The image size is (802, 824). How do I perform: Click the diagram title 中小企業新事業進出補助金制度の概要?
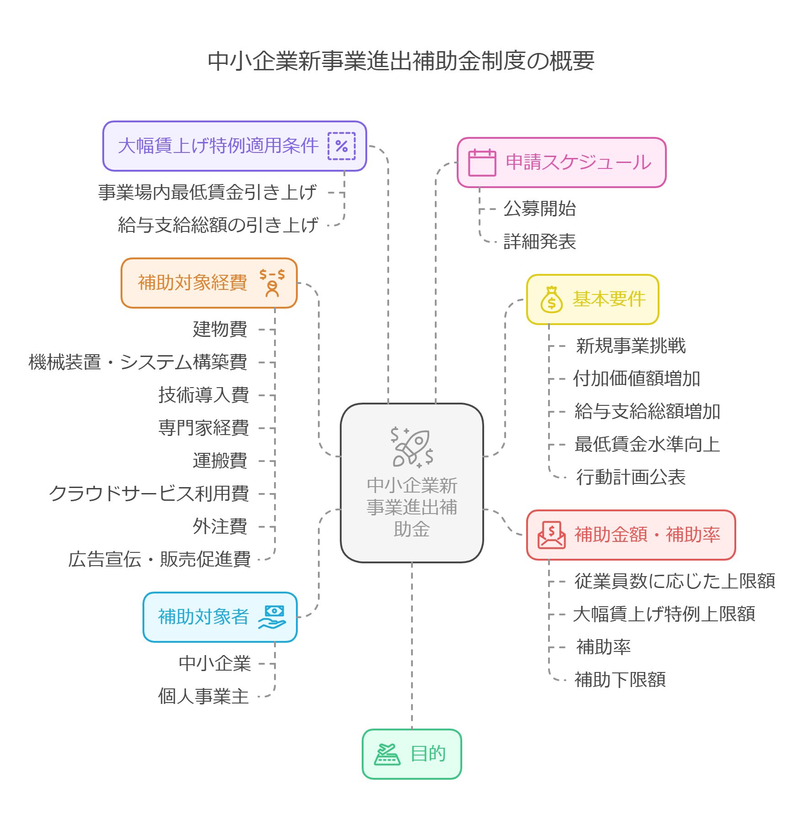pos(401,61)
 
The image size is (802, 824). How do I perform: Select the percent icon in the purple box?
pos(341,146)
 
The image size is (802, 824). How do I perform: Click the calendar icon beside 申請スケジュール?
pos(482,163)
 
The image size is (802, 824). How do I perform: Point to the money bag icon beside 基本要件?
pos(551,299)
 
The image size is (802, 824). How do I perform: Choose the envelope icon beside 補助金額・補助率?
pos(551,535)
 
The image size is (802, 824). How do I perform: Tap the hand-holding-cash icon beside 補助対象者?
pos(272,617)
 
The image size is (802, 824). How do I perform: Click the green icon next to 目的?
pos(387,754)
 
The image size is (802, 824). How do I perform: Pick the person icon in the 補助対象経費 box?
pos(272,283)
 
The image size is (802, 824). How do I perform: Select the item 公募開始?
pos(539,209)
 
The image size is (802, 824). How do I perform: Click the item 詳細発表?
pos(539,241)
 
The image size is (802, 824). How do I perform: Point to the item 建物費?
pos(220,329)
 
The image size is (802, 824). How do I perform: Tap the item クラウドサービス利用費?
pos(149,493)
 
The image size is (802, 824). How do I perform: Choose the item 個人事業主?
pos(204,696)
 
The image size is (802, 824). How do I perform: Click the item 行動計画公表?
pos(630,477)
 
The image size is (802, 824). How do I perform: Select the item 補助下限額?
pos(620,680)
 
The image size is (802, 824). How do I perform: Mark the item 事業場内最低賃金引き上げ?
pos(207,192)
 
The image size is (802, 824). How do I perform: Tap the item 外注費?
pos(220,526)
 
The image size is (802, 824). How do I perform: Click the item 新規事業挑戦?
pos(630,346)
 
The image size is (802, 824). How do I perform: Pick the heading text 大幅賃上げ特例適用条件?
pos(218,146)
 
